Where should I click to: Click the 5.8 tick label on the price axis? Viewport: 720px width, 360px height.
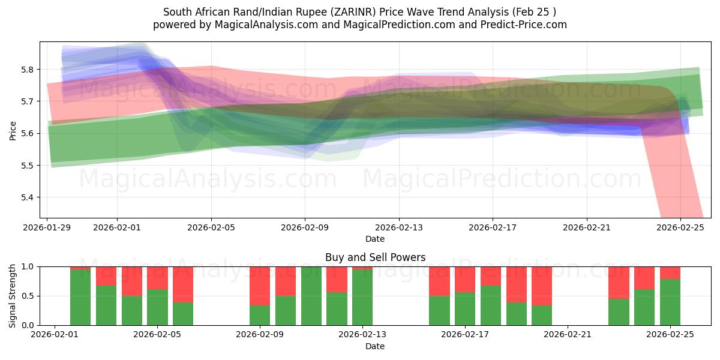(27, 70)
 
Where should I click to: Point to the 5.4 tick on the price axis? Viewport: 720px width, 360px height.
(27, 197)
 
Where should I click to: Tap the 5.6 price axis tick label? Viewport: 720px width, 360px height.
(27, 133)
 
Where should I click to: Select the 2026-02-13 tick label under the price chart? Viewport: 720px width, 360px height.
(399, 228)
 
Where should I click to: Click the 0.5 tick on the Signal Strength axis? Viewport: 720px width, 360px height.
(27, 296)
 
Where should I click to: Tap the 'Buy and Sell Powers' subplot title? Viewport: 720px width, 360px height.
(375, 257)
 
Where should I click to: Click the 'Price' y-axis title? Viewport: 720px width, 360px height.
(13, 130)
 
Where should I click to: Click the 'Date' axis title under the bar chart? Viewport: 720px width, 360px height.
(375, 346)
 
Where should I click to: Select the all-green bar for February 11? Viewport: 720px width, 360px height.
(311, 296)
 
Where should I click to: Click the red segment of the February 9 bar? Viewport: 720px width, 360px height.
(260, 286)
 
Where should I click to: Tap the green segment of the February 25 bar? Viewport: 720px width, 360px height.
(670, 302)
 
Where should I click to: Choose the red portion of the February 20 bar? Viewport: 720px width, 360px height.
(542, 286)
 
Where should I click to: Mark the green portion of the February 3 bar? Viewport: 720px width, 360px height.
(106, 305)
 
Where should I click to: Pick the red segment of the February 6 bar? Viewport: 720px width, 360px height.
(183, 284)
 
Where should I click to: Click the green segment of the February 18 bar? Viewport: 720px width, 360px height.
(491, 305)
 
